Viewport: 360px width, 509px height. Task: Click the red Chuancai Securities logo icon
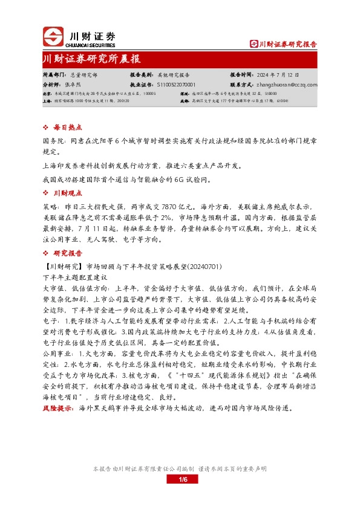[52, 37]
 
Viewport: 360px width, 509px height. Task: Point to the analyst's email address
[287, 85]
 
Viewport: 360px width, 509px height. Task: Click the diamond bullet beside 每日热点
[46, 129]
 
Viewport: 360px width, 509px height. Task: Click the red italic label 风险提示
[57, 407]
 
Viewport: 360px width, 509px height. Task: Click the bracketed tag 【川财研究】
[64, 266]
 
